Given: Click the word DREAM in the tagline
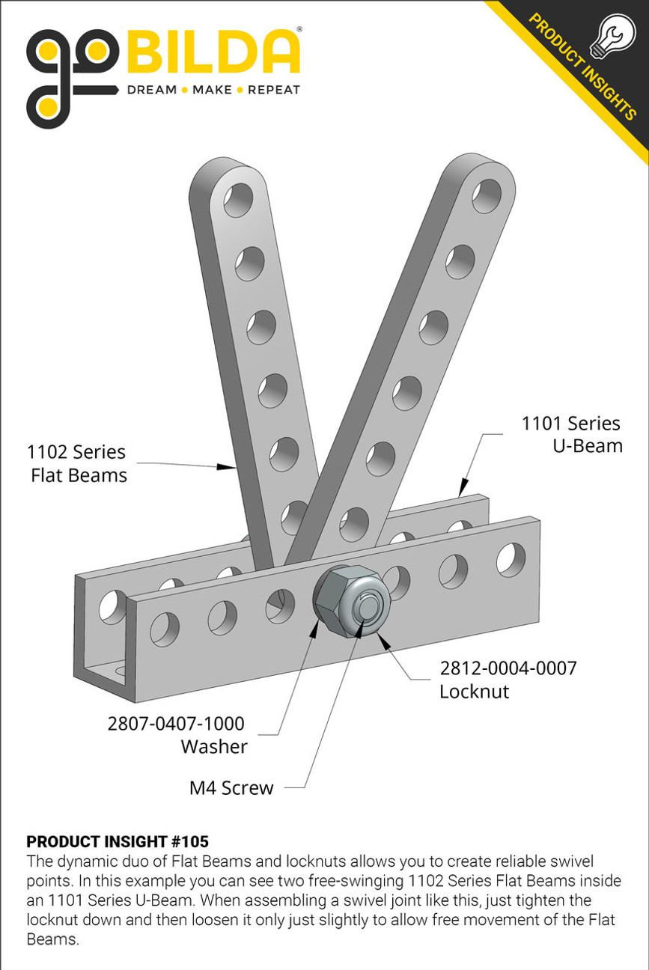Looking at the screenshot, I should (152, 91).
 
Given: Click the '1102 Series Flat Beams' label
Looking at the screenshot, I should (77, 463).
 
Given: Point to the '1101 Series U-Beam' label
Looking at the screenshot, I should (572, 435).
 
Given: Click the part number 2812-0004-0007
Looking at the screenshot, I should (508, 668).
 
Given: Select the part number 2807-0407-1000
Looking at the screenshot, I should (176, 723).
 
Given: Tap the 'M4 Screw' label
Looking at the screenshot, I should (231, 787).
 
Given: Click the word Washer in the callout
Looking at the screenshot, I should (214, 746).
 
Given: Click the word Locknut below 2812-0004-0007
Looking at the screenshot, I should (474, 691).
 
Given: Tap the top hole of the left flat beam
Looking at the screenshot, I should (238, 200).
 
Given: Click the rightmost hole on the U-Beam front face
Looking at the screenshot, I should (511, 559).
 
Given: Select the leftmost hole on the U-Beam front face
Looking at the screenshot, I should (164, 628).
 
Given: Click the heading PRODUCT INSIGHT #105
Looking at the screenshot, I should (118, 841).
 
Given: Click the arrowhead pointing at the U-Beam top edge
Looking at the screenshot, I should (462, 489).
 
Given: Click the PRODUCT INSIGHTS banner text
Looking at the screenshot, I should (580, 67).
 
